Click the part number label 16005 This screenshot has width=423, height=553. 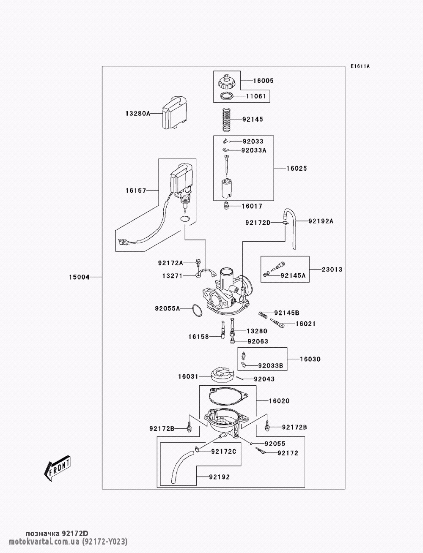(x=263, y=81)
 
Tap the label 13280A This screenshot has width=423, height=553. (x=137, y=113)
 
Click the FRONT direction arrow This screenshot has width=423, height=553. (x=57, y=469)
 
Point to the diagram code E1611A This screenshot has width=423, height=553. (x=360, y=66)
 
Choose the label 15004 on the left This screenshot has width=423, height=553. (x=79, y=278)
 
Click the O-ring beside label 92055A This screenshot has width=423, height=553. (x=195, y=310)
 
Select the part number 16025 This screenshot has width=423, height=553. (x=297, y=169)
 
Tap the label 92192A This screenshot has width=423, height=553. (x=320, y=221)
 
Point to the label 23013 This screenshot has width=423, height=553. (x=332, y=270)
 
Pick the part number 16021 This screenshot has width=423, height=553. (x=305, y=324)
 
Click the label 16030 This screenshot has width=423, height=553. (x=310, y=360)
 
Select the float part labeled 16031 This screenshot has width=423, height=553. (x=222, y=375)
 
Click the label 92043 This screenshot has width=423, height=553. (x=264, y=379)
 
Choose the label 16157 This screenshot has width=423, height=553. (x=135, y=191)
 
